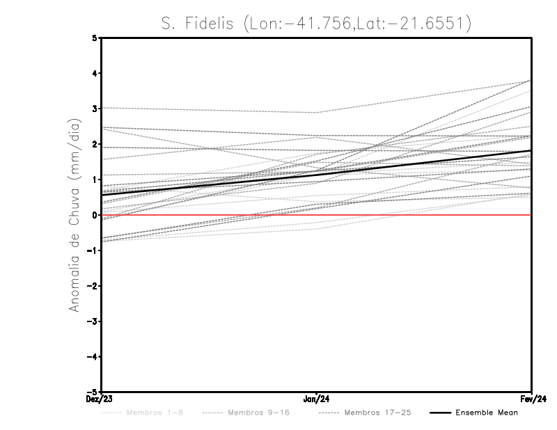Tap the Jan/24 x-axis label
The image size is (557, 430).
317,399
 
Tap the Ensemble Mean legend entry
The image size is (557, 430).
487,413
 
